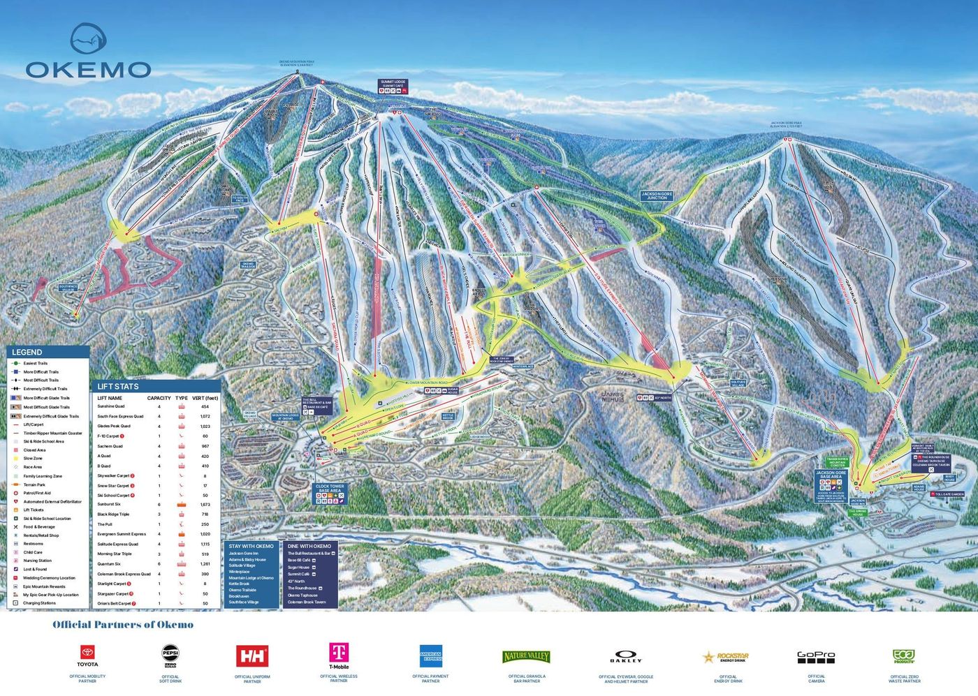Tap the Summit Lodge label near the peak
(x=393, y=82)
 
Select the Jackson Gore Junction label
(x=657, y=196)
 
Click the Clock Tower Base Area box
(x=330, y=489)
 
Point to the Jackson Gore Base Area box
(x=831, y=475)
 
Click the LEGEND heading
(x=27, y=353)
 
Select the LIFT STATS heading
(x=117, y=386)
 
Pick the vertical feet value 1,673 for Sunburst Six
(x=205, y=504)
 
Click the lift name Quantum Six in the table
(x=109, y=564)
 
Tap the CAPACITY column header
(x=159, y=398)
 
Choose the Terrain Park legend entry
(x=34, y=484)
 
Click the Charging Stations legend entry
(x=39, y=603)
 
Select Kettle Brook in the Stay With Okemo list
(x=239, y=584)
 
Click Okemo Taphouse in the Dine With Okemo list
(x=302, y=595)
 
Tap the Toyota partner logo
(x=87, y=656)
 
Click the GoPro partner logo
(x=816, y=657)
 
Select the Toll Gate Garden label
(x=949, y=494)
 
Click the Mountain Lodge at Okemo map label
(x=286, y=417)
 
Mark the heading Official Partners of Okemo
(x=123, y=625)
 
